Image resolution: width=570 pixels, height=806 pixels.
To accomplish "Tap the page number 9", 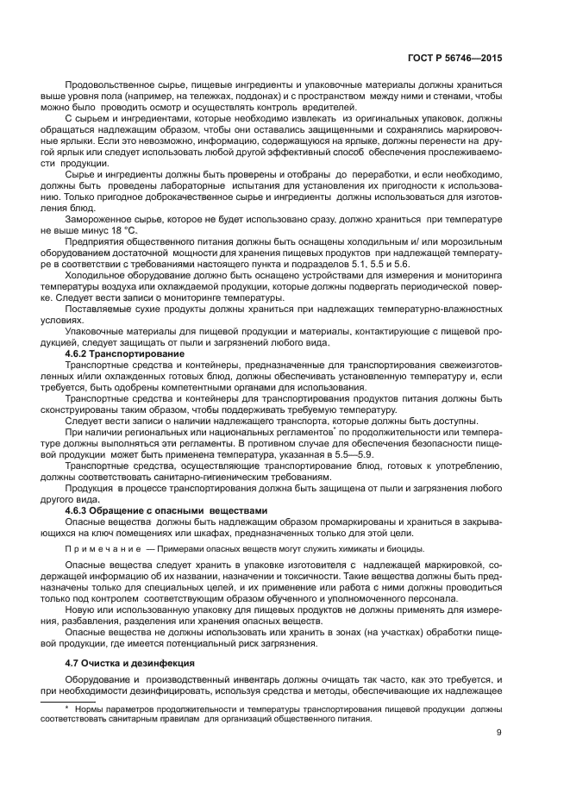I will (x=499, y=734).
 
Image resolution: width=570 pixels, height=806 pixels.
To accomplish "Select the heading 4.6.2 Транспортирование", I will (x=124, y=354).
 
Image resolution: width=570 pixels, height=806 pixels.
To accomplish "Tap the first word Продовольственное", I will (x=119, y=86).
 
